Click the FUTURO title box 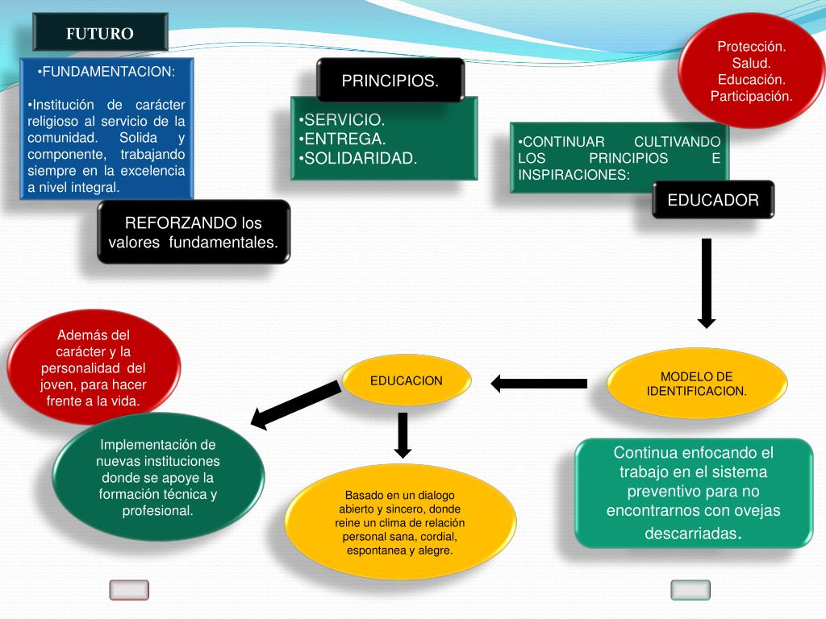100,33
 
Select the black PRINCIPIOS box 390,81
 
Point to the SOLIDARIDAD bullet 357,158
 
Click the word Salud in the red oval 752,63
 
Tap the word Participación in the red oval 752,96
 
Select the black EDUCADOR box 713,200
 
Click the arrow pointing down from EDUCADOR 707,283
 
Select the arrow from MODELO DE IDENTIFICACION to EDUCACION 539,384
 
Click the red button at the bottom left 129,591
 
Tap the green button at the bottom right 690,591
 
